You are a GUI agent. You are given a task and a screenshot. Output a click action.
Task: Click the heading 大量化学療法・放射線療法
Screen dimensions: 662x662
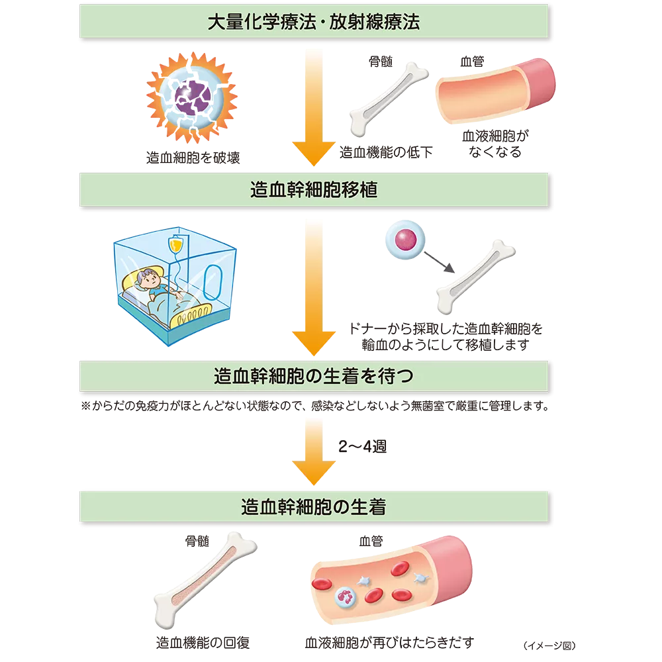point(314,21)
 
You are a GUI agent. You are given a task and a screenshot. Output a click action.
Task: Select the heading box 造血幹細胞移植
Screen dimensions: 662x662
point(314,191)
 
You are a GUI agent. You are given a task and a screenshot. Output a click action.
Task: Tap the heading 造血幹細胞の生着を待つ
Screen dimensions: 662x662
point(314,377)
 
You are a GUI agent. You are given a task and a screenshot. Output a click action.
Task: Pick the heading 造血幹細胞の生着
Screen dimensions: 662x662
point(314,508)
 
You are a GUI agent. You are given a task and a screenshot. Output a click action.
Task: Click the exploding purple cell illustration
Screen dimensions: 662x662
point(191,99)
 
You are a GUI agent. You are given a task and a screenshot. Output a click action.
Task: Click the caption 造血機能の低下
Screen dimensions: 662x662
point(387,153)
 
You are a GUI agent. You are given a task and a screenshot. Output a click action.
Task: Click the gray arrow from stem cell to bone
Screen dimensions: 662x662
point(438,262)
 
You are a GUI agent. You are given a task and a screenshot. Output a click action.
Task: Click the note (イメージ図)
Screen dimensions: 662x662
point(549,645)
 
